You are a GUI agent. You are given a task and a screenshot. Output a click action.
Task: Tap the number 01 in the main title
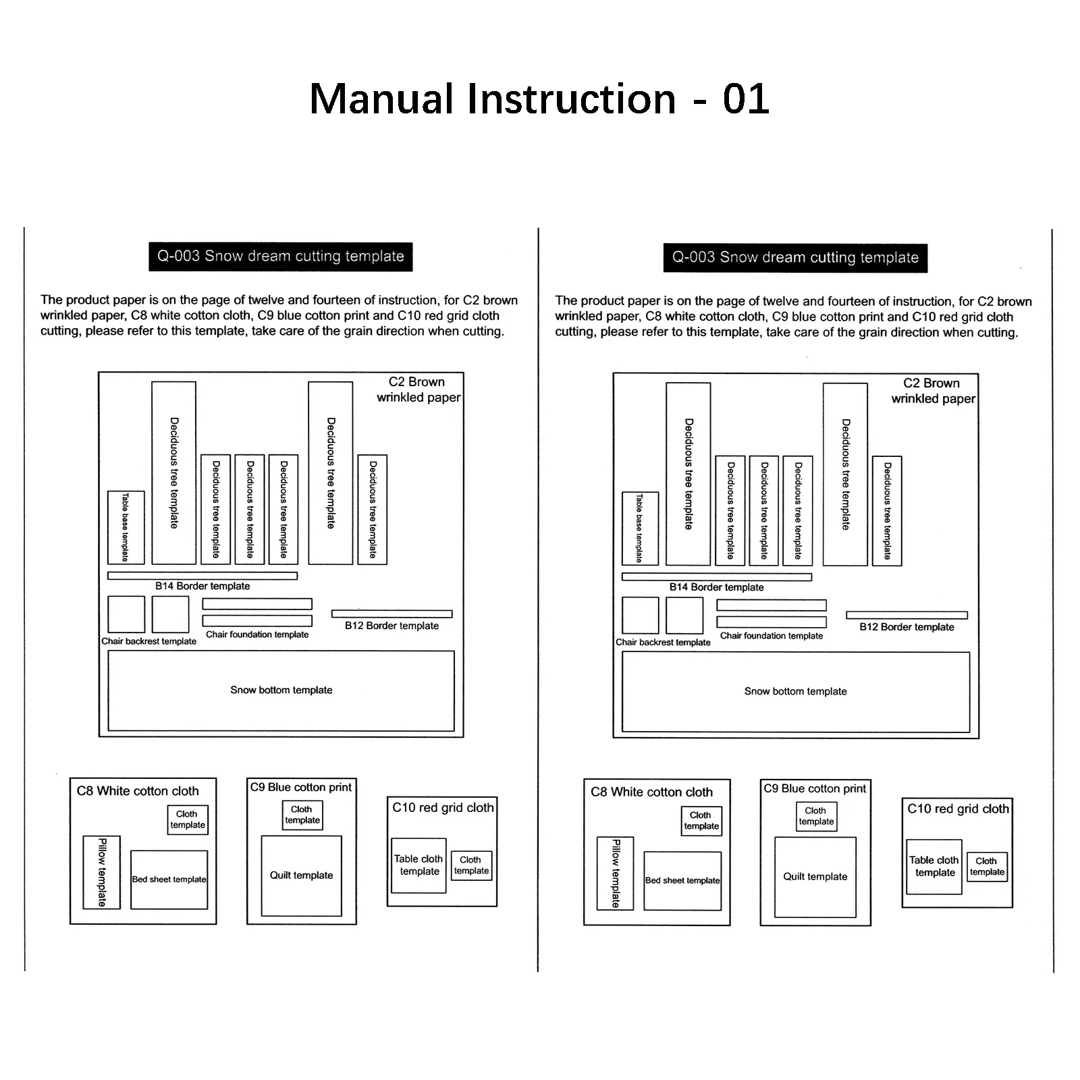point(745,99)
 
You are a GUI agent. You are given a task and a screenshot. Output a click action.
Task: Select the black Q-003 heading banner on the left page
point(280,256)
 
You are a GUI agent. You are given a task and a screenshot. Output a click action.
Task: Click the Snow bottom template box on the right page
point(795,691)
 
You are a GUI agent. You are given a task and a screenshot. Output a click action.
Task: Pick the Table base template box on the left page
point(126,527)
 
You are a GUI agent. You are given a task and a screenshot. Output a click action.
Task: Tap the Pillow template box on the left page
point(102,872)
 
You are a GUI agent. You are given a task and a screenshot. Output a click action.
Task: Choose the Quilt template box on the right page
point(815,877)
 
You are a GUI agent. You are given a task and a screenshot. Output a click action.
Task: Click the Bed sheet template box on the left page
point(169,880)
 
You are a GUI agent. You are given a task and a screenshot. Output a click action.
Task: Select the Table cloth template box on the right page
point(934,867)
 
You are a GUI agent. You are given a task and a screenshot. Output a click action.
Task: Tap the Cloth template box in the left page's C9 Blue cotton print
point(302,815)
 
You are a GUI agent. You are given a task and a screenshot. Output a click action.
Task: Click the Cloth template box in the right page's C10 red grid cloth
point(987,867)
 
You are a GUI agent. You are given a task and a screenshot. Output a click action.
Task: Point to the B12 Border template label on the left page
point(391,626)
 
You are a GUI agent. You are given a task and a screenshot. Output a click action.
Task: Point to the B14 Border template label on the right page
point(716,587)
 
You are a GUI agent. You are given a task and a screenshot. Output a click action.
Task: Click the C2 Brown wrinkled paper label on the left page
point(418,389)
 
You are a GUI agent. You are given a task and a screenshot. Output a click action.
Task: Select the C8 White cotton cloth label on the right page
point(651,792)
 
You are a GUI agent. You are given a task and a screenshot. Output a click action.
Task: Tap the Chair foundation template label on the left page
point(257,634)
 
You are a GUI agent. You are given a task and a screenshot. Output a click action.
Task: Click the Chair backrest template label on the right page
point(663,642)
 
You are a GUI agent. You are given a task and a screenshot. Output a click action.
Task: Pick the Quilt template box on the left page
point(301,875)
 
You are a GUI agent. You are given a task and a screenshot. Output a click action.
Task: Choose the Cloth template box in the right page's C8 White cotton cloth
point(701,821)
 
